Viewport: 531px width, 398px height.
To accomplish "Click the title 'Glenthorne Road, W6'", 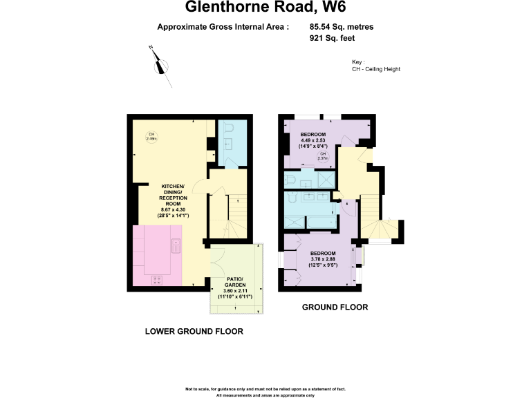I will coord(265,8).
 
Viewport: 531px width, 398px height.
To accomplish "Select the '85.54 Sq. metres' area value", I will coord(342,28).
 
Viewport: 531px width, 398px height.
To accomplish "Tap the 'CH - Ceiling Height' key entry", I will coord(376,69).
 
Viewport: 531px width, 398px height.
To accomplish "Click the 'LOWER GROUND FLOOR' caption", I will coord(194,331).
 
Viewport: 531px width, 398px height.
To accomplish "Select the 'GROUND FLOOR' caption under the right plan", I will coord(335,307).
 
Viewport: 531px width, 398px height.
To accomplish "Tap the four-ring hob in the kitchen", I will coord(157,279).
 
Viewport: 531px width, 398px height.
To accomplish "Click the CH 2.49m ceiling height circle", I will coord(151,136).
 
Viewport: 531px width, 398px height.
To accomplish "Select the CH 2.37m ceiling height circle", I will coord(322,156).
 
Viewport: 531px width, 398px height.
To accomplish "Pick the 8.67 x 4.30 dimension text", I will coord(175,209).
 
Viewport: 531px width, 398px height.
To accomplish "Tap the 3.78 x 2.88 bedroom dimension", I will coord(324,260).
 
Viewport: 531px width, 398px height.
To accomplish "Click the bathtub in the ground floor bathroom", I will coord(322,221).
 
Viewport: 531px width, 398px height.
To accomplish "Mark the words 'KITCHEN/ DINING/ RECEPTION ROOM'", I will coord(175,195).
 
